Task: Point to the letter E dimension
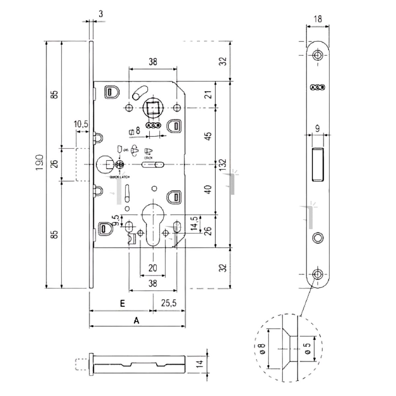122,304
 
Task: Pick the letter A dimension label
136,320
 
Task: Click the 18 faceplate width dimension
318,19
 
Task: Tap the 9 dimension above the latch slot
317,129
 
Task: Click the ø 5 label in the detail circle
308,348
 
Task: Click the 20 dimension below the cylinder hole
152,268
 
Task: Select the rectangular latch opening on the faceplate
317,164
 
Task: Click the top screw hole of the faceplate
318,55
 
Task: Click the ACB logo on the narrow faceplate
318,87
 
